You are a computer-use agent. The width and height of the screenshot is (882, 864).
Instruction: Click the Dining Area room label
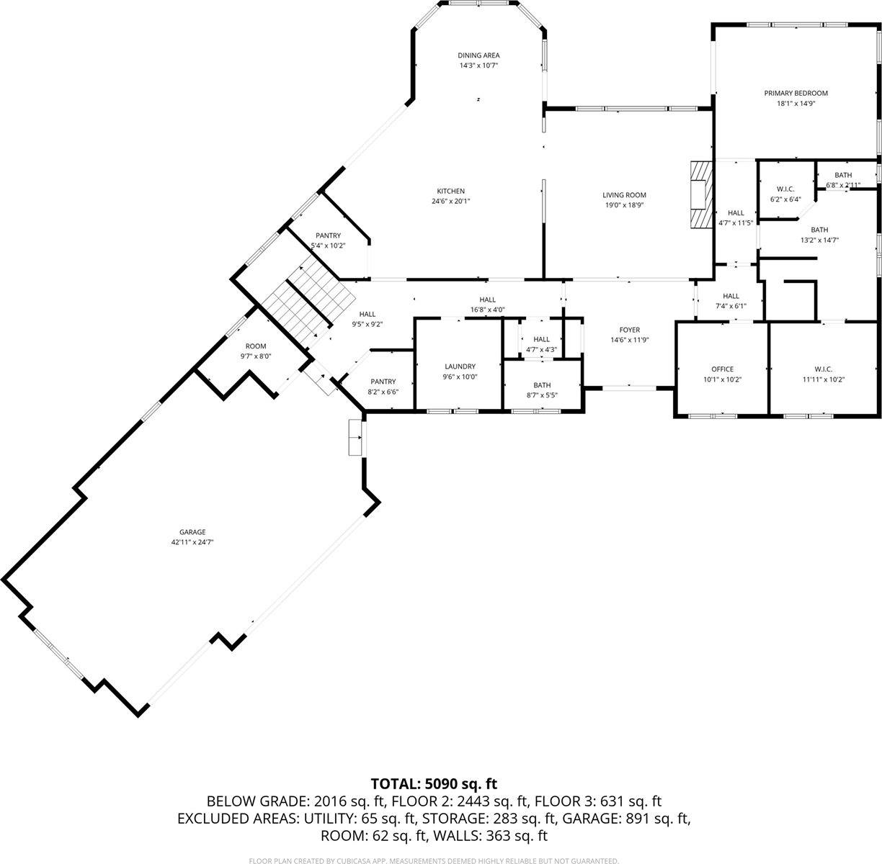tap(478, 55)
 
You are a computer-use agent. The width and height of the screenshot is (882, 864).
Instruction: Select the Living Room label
tap(624, 195)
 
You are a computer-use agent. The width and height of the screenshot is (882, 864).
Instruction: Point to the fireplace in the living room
tap(700, 194)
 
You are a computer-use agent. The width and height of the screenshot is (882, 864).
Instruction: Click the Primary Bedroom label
tap(796, 93)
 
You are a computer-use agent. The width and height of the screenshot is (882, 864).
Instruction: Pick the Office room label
tap(721, 369)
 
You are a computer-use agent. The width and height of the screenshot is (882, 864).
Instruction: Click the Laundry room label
tap(460, 366)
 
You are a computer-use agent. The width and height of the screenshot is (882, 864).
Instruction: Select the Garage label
tap(187, 532)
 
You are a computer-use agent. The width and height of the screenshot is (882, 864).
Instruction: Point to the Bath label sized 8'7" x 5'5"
tap(542, 385)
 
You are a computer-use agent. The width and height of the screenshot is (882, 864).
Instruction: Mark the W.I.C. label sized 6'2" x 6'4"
tap(785, 189)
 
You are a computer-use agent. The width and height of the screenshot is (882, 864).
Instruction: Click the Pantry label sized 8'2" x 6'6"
tap(383, 382)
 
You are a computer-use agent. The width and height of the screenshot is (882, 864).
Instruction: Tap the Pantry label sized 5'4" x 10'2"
tap(328, 236)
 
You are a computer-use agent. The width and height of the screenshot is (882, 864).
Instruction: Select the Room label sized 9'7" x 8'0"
tap(256, 346)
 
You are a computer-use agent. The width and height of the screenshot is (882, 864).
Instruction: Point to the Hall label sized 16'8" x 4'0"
tap(488, 300)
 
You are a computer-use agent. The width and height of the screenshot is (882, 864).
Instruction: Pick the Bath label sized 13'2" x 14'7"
tap(819, 230)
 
